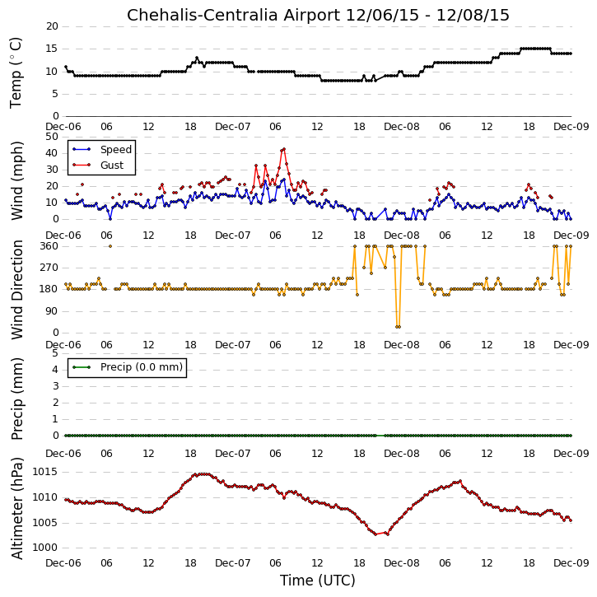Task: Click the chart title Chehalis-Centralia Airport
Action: [233, 15]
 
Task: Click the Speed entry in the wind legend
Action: [116, 149]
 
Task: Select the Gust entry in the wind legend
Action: [112, 166]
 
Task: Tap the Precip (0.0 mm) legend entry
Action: [142, 367]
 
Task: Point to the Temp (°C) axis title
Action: [16, 72]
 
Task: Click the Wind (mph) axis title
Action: [16, 180]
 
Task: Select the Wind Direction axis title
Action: [16, 290]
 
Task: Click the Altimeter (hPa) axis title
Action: [16, 508]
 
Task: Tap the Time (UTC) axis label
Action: [318, 581]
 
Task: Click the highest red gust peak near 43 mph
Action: [283, 149]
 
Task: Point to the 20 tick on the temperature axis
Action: [52, 26]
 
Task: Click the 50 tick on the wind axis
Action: [52, 137]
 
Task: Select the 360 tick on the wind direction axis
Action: [49, 246]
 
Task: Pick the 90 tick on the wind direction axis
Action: [52, 311]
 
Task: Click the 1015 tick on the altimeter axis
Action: [45, 472]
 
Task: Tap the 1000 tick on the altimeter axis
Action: [45, 548]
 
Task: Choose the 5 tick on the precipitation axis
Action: [55, 353]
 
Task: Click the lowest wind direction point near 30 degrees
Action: [398, 327]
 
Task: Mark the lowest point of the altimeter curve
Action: [375, 534]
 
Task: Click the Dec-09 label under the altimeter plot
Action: [571, 562]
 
